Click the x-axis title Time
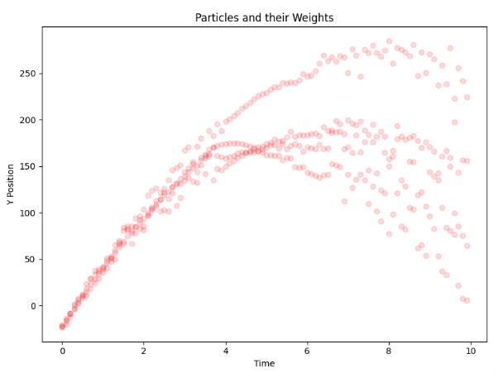coord(264,363)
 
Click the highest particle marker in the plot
coord(389,41)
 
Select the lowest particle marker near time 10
coord(467,300)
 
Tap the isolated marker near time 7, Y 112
coord(344,201)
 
